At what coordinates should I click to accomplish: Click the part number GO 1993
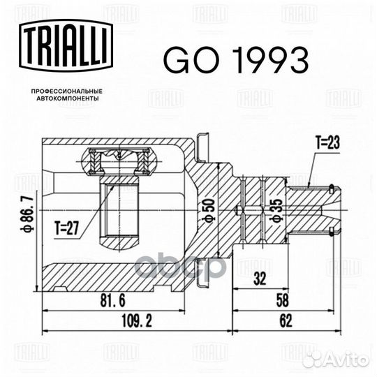coord(235,62)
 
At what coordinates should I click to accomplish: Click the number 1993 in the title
coord(268,62)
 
